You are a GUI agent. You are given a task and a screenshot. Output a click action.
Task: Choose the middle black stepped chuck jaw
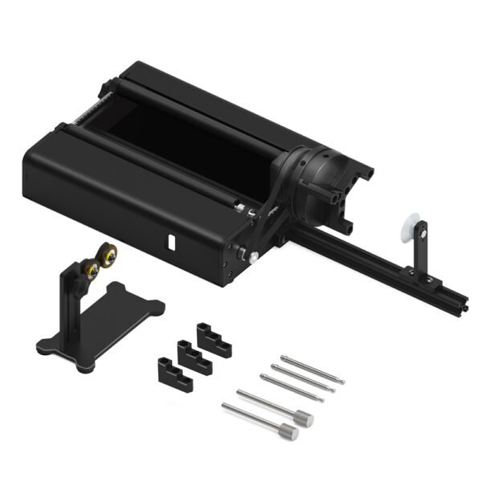(192, 354)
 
